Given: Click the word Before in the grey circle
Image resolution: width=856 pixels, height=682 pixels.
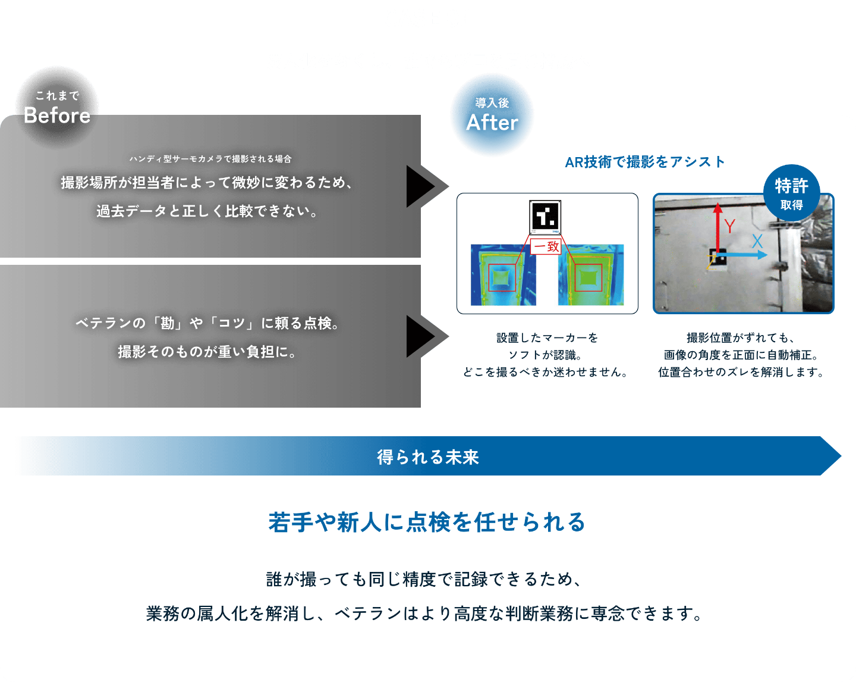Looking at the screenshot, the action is pyautogui.click(x=57, y=115).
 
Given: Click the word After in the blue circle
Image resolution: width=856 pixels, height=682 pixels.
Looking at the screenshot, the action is pyautogui.click(x=492, y=123).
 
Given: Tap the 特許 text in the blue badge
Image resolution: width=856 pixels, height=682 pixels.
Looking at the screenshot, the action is pyautogui.click(x=791, y=186).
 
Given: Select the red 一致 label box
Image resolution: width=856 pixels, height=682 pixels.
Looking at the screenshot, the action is pyautogui.click(x=546, y=246).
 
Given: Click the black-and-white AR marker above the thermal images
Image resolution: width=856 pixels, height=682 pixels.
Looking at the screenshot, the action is pyautogui.click(x=545, y=217).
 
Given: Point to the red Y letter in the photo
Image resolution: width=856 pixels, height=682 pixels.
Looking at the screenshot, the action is pyautogui.click(x=729, y=226).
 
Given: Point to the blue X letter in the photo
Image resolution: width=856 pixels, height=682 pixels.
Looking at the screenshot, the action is pyautogui.click(x=757, y=242).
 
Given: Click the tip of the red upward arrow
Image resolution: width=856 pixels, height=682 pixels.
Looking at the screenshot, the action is pyautogui.click(x=717, y=203).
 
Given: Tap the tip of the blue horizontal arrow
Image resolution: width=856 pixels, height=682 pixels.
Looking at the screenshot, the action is pyautogui.click(x=767, y=255).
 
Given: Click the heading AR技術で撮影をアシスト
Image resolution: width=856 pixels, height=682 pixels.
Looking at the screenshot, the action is pyautogui.click(x=644, y=162).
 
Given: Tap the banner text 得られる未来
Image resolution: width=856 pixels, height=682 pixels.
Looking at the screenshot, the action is pyautogui.click(x=428, y=457).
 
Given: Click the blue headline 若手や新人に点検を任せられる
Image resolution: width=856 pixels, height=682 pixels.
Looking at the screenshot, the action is pyautogui.click(x=427, y=523).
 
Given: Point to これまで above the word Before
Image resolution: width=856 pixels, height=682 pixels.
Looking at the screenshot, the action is pyautogui.click(x=57, y=96).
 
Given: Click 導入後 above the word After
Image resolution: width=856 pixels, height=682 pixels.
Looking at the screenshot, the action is pyautogui.click(x=492, y=103).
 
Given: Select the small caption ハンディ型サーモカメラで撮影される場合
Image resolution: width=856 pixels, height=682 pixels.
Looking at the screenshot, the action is pyautogui.click(x=210, y=159).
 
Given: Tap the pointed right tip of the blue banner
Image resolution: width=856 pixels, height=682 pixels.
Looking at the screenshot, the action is pyautogui.click(x=841, y=456).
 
